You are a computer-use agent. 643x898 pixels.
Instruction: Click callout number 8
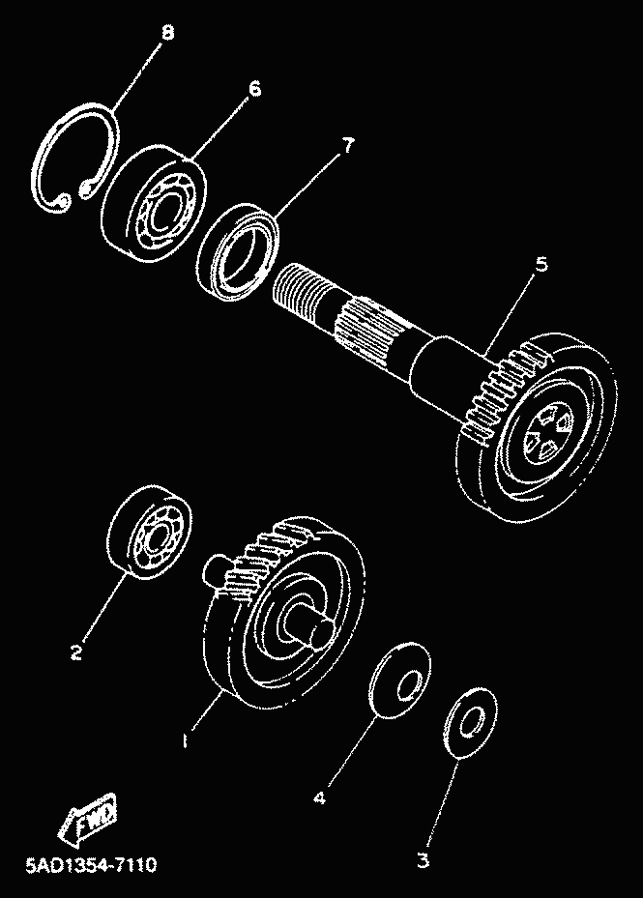pyautogui.click(x=168, y=33)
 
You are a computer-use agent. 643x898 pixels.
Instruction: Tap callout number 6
pyautogui.click(x=254, y=89)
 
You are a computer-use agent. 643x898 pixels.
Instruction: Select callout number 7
pyautogui.click(x=347, y=146)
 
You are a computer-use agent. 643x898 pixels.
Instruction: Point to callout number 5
pyautogui.click(x=541, y=264)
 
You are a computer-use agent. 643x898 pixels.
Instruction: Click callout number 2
pyautogui.click(x=76, y=652)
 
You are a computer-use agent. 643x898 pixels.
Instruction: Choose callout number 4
pyautogui.click(x=319, y=798)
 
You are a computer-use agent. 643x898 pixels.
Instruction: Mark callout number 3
pyautogui.click(x=423, y=856)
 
